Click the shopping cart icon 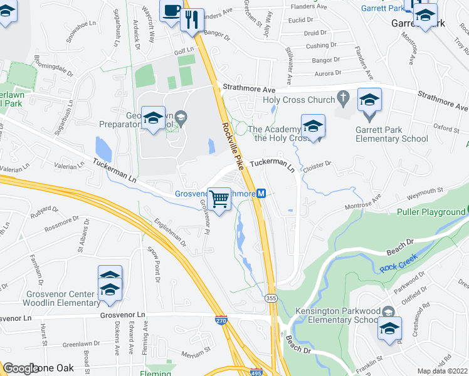coord(219,200)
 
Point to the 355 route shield coord(271,297)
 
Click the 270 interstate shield coord(221,320)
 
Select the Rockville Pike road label coord(231,145)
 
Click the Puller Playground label coord(431,212)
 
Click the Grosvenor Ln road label coord(122,314)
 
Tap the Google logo coord(20,368)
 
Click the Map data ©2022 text coord(443,371)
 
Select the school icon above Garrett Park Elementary coord(370,101)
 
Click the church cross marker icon coord(342,98)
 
